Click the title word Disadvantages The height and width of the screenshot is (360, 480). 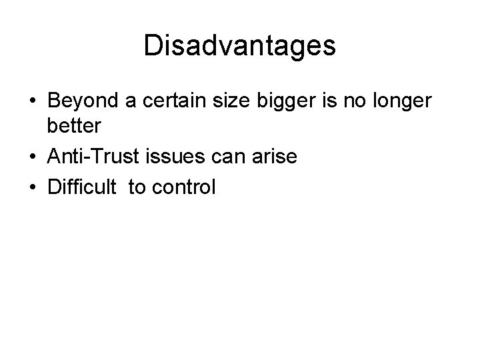240,46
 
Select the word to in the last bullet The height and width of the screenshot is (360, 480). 137,187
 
